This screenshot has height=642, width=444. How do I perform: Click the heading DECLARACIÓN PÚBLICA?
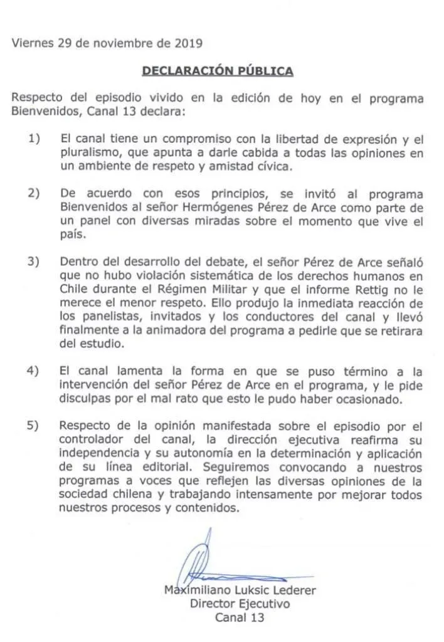pos(218,71)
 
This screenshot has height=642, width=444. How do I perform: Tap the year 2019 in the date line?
pos(186,43)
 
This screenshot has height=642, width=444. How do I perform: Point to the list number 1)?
pos(34,137)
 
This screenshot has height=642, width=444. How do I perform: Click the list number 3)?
pos(34,261)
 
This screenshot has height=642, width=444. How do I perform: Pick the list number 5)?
pos(34,424)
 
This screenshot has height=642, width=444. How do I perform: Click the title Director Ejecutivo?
pos(240,604)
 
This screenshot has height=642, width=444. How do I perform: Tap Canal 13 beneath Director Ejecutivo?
pos(240,618)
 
